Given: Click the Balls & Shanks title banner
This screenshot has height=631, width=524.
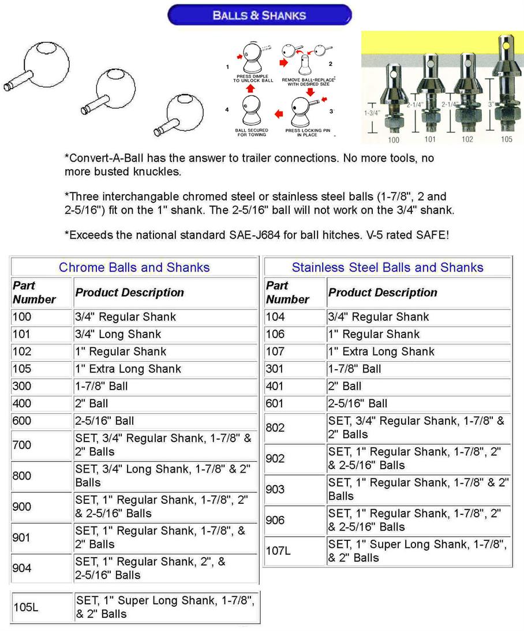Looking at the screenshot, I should point(259,15).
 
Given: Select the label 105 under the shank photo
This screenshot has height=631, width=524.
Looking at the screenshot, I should point(506,139).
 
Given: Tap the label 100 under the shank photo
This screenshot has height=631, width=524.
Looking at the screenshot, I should point(394,139).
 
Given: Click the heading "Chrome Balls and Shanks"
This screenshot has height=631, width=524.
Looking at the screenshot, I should point(134,268).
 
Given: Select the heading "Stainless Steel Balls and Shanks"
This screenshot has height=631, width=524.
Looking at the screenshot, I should point(387,268).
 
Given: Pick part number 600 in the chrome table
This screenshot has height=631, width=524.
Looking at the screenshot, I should point(22,421).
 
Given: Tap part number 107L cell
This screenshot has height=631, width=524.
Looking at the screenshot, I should point(278,551).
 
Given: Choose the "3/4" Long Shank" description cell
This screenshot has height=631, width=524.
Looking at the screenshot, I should point(118,335).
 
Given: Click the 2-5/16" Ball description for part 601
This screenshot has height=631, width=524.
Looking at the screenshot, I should point(358,404).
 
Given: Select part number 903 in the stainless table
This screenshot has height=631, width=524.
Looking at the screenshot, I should point(275,489).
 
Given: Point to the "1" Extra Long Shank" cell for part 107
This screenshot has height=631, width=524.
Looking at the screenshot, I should point(381,352).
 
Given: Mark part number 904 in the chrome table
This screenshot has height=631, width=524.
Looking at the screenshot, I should point(22,569).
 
